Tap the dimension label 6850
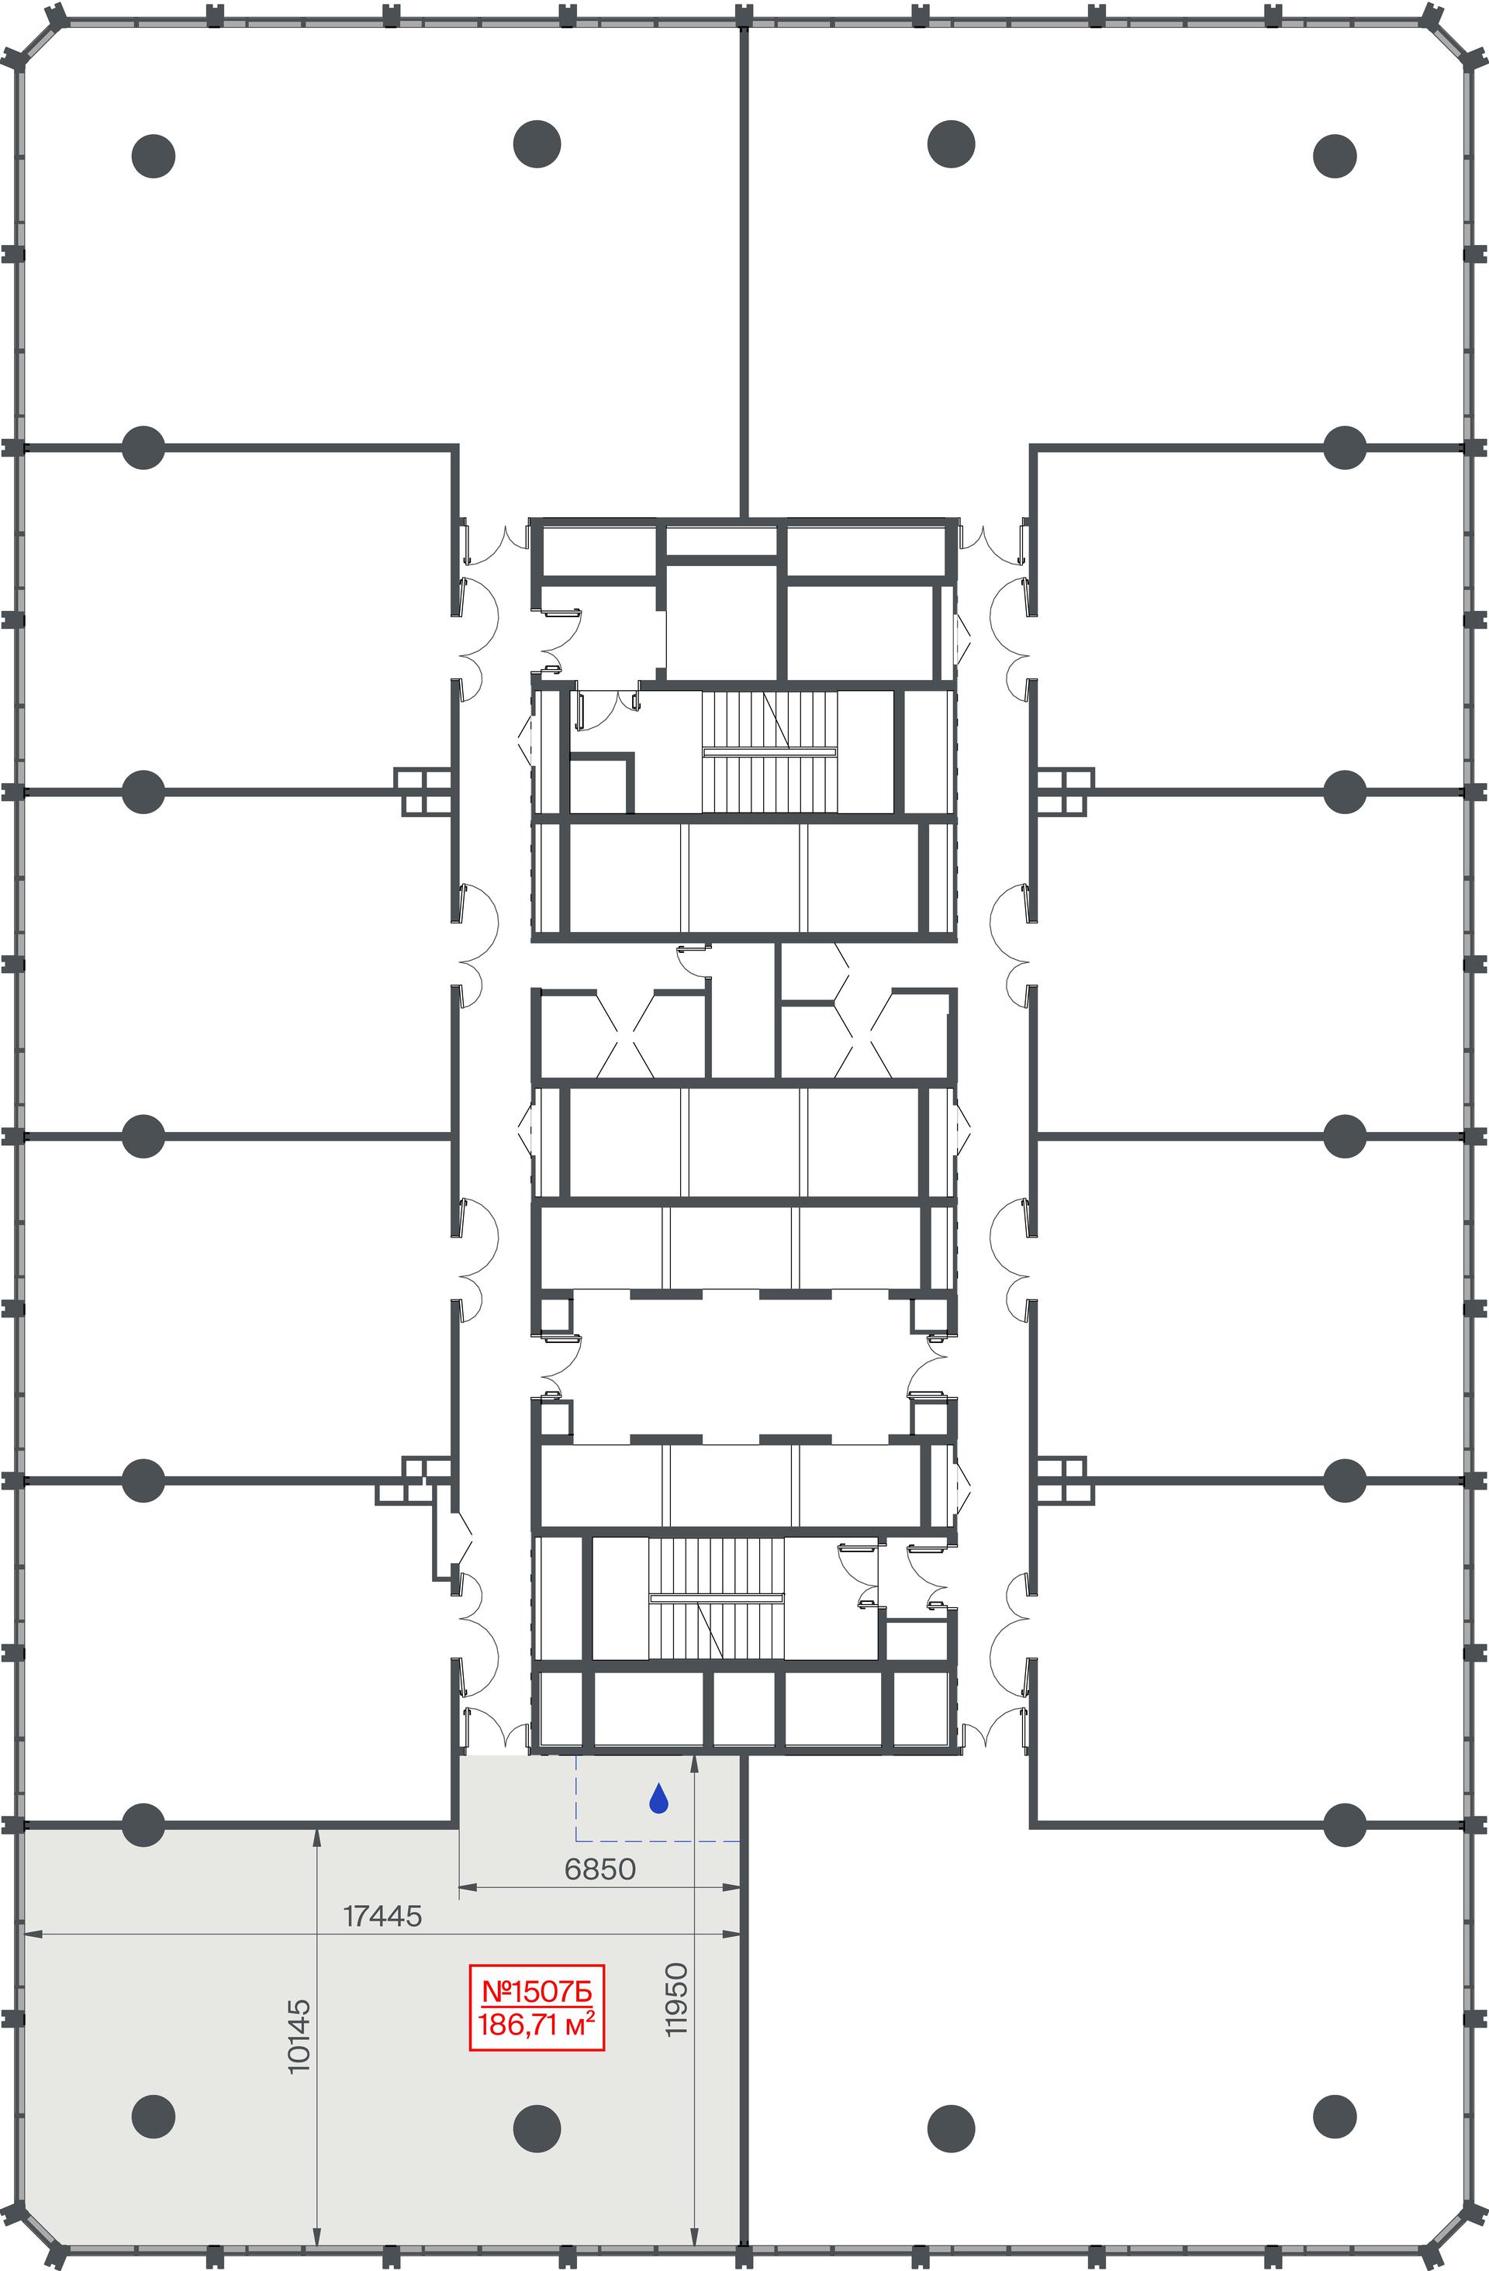tap(599, 1869)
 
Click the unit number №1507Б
tap(537, 1993)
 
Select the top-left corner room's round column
tap(153, 156)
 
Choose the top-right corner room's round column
tap(1335, 156)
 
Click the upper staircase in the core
tap(769, 752)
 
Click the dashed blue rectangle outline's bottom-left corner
tap(575, 1840)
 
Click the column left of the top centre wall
tap(537, 144)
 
